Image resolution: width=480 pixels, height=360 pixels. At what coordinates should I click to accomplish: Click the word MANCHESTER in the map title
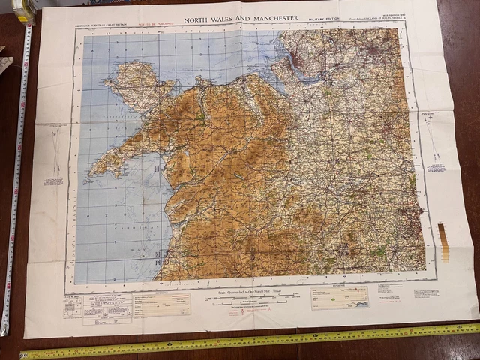tap(268, 17)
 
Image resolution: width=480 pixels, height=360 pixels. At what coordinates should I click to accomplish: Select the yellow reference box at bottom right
tap(340, 297)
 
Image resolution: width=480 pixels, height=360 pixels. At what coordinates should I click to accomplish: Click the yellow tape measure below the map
tap(247, 340)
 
